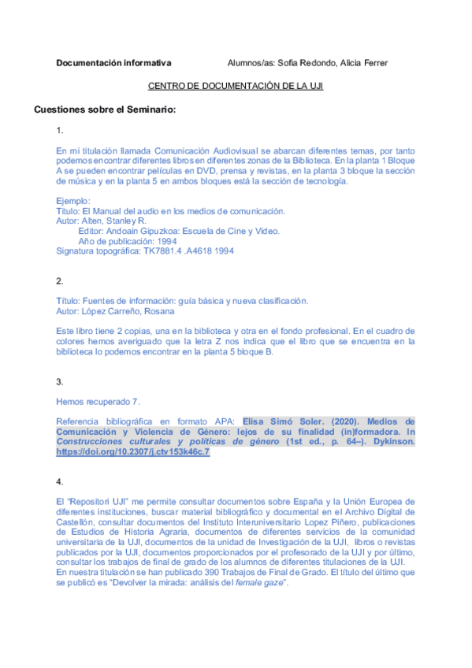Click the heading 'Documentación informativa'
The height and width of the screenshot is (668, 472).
[x=113, y=63]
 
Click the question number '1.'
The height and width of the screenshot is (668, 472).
[x=60, y=130]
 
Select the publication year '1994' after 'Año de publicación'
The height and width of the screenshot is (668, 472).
[x=166, y=241]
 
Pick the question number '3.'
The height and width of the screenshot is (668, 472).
[x=60, y=381]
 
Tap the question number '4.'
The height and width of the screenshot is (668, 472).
[x=60, y=481]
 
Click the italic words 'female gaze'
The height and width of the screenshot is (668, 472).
[x=242, y=583]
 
